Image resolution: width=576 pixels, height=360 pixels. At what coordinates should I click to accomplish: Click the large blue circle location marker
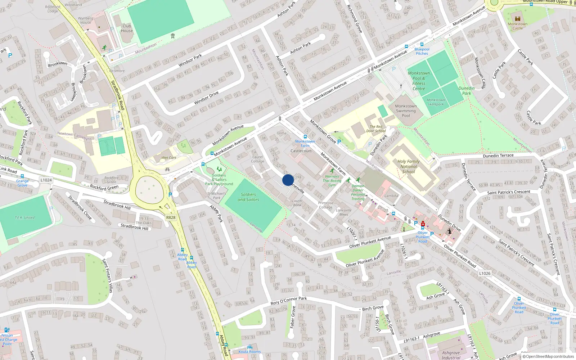288,180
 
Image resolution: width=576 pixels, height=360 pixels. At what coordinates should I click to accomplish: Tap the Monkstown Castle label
518,26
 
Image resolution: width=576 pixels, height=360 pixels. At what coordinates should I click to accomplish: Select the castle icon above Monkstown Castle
518,19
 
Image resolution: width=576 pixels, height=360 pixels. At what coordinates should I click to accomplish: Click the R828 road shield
171,217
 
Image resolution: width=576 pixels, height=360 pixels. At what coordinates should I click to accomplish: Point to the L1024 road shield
46,180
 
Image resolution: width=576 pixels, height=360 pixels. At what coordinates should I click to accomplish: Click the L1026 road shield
485,273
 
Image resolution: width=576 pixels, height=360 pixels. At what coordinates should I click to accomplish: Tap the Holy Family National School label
408,167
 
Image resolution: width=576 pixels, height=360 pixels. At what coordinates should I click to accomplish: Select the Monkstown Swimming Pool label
406,111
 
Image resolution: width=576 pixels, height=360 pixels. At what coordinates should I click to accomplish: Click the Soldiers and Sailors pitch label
248,197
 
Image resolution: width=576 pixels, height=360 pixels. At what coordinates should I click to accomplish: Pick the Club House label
127,28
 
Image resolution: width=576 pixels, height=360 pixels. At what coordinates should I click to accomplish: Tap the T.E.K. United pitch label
24,218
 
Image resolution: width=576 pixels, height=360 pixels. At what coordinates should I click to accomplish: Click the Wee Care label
169,158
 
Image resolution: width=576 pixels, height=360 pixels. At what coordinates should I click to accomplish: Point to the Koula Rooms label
249,352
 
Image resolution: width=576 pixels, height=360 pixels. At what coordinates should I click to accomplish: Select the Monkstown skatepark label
436,102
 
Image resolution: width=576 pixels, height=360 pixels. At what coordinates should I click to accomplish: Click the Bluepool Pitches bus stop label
422,51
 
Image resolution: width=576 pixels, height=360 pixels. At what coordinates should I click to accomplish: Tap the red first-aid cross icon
423,224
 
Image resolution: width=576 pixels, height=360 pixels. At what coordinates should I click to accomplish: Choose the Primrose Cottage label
325,205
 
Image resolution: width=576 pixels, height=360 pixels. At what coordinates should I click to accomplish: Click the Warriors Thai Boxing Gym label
332,181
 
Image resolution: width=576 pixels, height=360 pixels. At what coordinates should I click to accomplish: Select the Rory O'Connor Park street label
289,301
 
